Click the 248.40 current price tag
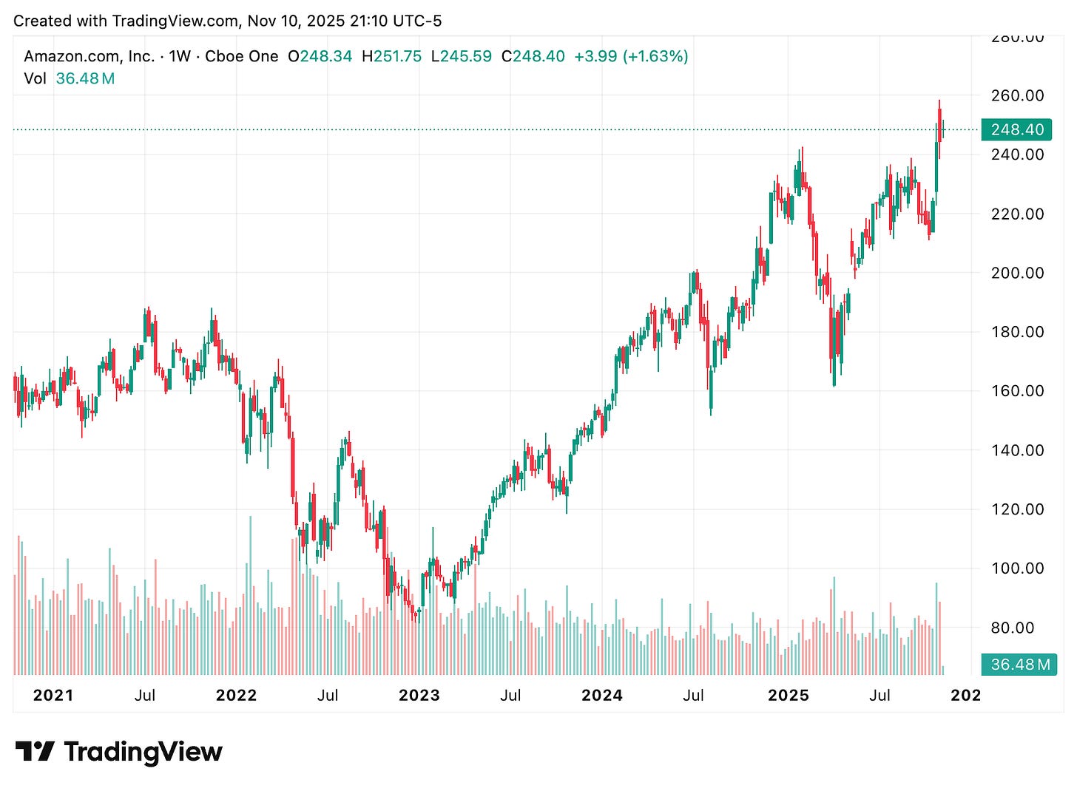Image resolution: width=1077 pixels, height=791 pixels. click(1016, 129)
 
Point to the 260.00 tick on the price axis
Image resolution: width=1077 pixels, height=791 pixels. click(1017, 95)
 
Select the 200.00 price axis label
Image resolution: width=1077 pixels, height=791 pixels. click(1017, 273)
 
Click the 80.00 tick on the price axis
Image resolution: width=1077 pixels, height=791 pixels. click(1017, 628)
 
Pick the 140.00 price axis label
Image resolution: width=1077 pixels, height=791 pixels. click(1017, 450)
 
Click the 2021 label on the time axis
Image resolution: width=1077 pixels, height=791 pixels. click(53, 696)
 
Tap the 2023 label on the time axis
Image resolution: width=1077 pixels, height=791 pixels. click(419, 696)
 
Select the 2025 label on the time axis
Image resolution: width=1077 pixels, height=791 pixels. click(789, 696)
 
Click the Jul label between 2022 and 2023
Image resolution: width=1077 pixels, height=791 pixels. click(328, 696)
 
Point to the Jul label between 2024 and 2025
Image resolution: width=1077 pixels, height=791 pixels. click(693, 696)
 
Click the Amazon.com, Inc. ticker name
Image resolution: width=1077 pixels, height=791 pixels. click(89, 56)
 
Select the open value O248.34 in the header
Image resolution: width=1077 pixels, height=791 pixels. click(320, 56)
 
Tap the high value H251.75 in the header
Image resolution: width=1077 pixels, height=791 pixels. click(391, 56)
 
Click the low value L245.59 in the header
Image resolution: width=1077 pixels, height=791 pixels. click(461, 56)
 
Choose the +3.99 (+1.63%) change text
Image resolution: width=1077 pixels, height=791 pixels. click(631, 56)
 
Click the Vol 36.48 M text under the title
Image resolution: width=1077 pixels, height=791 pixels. click(70, 78)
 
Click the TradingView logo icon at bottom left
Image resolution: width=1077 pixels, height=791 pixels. click(35, 752)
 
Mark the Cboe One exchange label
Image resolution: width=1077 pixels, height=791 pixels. click(241, 56)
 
